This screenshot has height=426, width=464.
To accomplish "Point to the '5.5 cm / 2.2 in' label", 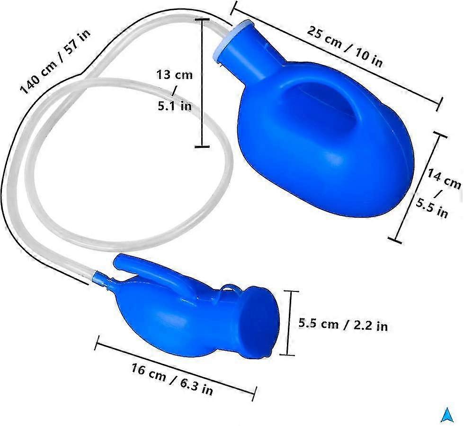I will click(x=343, y=325).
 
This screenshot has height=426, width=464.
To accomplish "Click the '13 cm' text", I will click(x=175, y=74).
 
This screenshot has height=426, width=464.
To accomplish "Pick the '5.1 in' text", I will click(x=175, y=106).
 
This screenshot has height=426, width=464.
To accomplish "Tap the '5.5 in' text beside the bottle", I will click(x=432, y=208).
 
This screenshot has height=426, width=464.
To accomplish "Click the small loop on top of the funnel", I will click(x=230, y=288).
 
